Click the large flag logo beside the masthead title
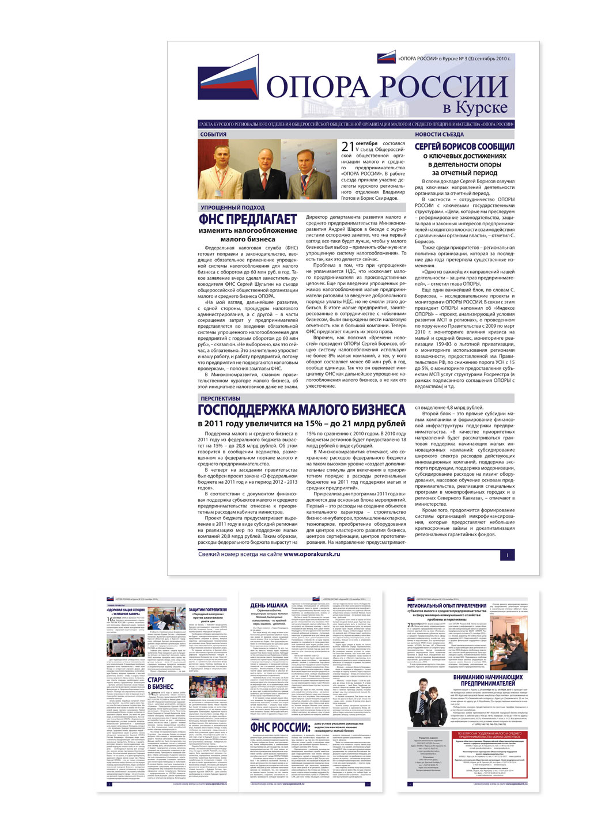pyautogui.click(x=229, y=84)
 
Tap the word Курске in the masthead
pyautogui.click(x=475, y=107)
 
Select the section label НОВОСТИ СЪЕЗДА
pyautogui.click(x=439, y=134)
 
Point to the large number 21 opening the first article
pyautogui.click(x=347, y=147)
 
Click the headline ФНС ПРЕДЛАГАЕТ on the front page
pyautogui.click(x=247, y=219)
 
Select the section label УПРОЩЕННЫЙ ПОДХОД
pyautogui.click(x=232, y=207)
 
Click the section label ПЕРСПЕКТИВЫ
pyautogui.click(x=220, y=399)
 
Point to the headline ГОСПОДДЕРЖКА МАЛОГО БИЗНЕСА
pyautogui.click(x=301, y=410)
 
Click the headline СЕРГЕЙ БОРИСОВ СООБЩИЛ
pyautogui.click(x=464, y=146)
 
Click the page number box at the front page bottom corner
pyautogui.click(x=507, y=555)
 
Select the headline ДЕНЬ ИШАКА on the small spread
pyautogui.click(x=268, y=605)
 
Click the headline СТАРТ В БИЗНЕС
pyautogui.click(x=160, y=683)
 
